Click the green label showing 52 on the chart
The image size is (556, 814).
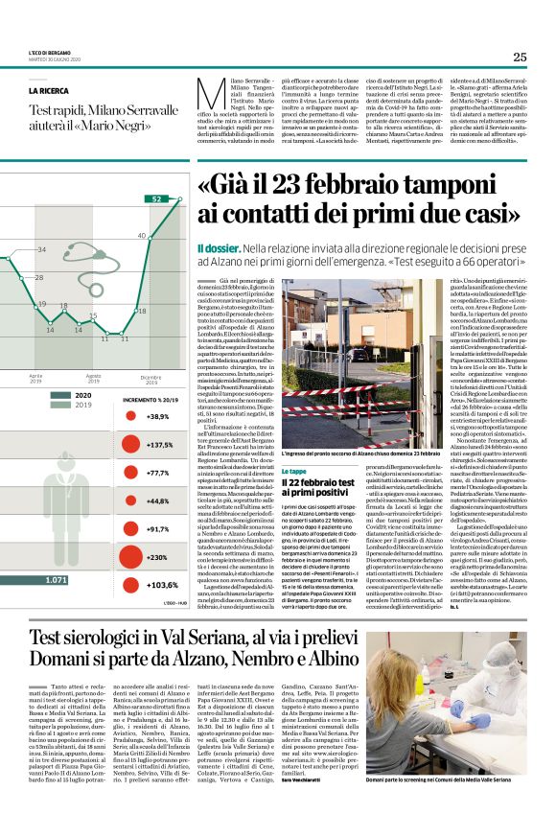[156, 198]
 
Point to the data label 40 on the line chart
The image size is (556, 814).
[141, 235]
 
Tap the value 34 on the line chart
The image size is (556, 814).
[41, 250]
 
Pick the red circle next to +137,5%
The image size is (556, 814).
[129, 445]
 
